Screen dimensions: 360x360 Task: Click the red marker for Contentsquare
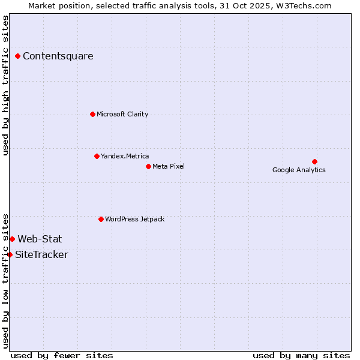(x=18, y=56)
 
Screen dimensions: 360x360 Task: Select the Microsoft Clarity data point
(x=92, y=114)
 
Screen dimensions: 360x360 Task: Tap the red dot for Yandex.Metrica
(x=97, y=156)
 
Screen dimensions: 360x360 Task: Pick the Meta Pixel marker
(x=148, y=166)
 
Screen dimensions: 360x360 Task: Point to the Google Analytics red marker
(x=314, y=161)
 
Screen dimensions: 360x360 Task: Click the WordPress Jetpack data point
(x=101, y=219)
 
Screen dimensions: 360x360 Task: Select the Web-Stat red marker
(x=12, y=239)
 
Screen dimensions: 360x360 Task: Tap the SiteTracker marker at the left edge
(x=10, y=254)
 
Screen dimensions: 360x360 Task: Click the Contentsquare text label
(x=58, y=56)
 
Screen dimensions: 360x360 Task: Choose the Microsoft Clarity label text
(x=122, y=114)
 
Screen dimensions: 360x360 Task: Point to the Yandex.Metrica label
(x=125, y=156)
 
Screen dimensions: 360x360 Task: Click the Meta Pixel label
(x=169, y=166)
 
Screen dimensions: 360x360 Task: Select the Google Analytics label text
(x=299, y=170)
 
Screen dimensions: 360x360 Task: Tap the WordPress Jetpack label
(x=134, y=219)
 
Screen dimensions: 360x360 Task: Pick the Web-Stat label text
(x=40, y=239)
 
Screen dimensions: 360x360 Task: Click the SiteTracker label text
(x=41, y=254)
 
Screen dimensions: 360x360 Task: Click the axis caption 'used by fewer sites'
(x=62, y=355)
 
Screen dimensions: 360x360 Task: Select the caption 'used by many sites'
(x=301, y=355)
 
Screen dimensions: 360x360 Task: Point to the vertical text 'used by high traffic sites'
(x=5, y=85)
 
